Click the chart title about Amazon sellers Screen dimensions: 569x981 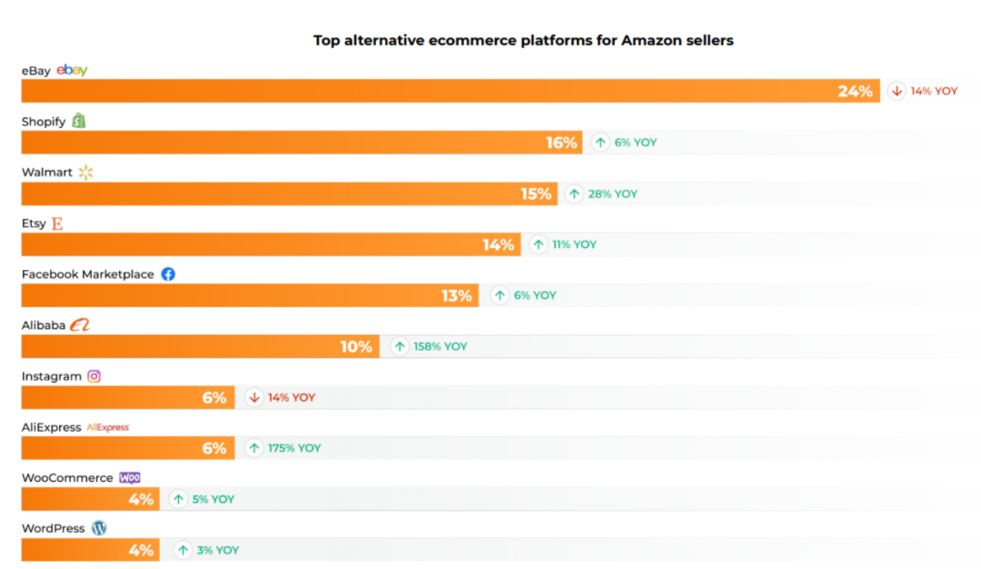[523, 40]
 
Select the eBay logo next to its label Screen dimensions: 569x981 [72, 70]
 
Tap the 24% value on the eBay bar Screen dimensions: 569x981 [855, 91]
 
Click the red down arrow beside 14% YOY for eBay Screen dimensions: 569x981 [897, 91]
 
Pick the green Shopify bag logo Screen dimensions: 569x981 [79, 121]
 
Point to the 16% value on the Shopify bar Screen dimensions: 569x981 [561, 143]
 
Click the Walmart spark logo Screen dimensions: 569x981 [85, 172]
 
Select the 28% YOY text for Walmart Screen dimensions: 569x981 [612, 194]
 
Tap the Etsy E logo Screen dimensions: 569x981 [57, 223]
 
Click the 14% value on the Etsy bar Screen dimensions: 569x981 [499, 245]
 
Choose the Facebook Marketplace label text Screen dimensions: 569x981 [88, 274]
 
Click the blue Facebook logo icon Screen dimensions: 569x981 [168, 274]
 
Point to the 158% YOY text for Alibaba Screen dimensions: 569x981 [441, 346]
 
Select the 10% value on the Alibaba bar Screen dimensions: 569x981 [357, 346]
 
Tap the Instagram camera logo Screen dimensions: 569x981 [94, 375]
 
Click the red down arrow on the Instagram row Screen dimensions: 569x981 [254, 397]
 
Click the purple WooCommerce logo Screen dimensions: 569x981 [130, 477]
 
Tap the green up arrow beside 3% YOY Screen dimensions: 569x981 [183, 550]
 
